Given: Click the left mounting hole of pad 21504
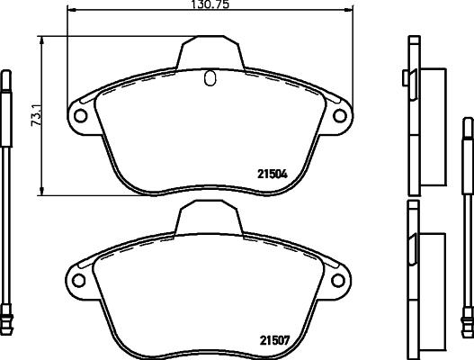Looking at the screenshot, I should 79,116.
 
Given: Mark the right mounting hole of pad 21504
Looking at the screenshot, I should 340,116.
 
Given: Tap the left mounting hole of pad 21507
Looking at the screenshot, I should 79,278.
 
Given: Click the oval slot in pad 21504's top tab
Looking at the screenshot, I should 210,79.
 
